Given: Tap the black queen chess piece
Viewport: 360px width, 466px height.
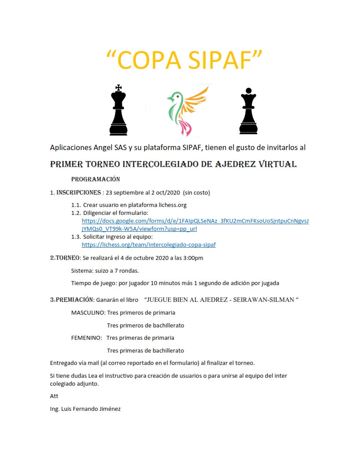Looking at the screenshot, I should [248, 113].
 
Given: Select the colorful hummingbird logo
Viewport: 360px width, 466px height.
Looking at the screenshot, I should [187, 110].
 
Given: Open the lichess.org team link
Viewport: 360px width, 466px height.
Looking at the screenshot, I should [149, 244].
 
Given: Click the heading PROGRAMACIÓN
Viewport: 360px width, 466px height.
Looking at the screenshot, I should [96, 180].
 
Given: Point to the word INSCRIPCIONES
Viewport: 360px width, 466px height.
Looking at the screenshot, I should [79, 192].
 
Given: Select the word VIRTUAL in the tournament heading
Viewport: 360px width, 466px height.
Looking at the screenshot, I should [272, 164].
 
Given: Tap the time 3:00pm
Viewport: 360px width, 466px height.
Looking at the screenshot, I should [193, 258].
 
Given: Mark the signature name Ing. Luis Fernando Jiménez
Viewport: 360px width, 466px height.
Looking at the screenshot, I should [86, 409].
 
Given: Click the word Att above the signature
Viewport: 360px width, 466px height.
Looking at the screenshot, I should [54, 396].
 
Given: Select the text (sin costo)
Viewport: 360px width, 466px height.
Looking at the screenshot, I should [197, 192].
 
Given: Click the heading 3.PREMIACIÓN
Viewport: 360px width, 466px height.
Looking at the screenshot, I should [71, 300].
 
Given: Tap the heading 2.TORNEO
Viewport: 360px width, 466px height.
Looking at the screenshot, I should [65, 258].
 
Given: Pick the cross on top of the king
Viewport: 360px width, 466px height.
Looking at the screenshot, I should [118, 87].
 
